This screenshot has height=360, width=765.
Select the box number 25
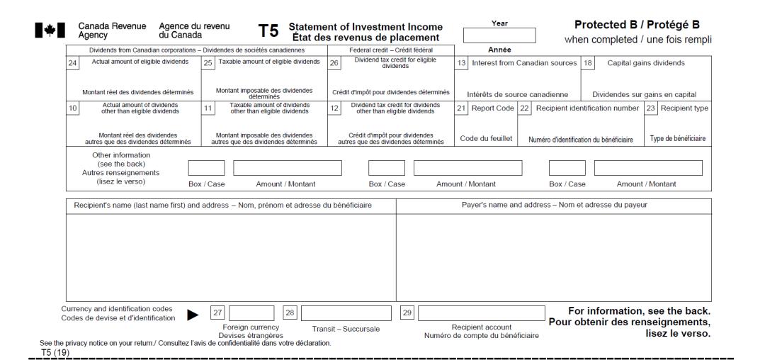point(208,63)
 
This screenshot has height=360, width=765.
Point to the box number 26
point(334,63)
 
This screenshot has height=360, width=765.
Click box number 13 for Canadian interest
point(461,63)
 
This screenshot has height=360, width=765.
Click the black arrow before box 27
point(192,314)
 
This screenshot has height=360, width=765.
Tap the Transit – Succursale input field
point(346,313)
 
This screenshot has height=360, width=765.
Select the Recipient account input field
point(482,313)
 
